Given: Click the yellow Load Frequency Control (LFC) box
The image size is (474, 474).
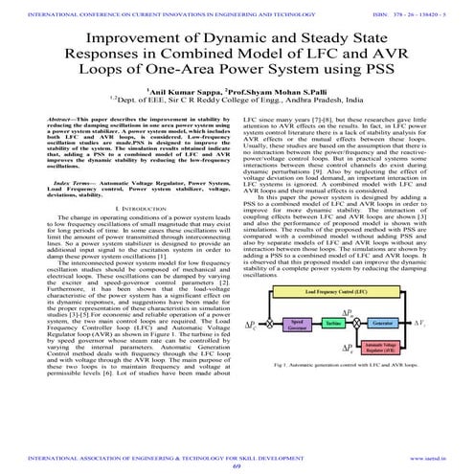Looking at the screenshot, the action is click(x=351, y=316).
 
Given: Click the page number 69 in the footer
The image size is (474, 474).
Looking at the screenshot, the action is click(x=238, y=466).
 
